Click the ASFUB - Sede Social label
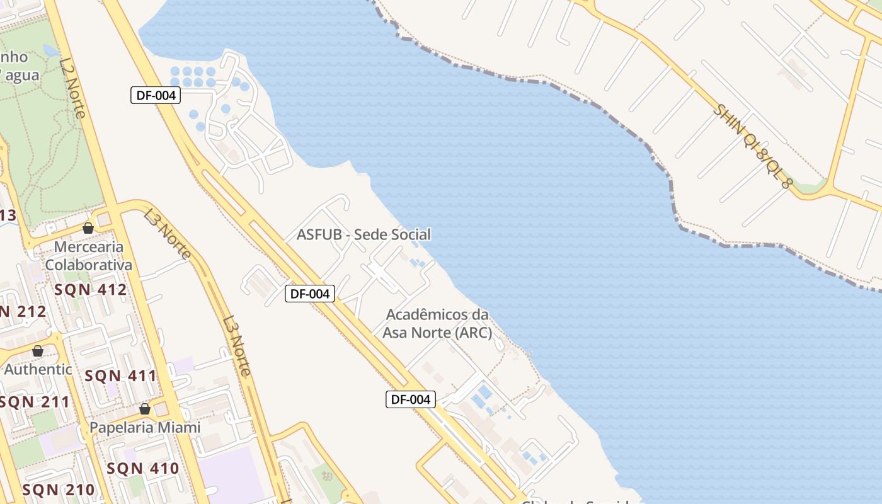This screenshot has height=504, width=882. pyautogui.click(x=364, y=234)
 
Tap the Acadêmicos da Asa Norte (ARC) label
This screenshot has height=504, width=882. pyautogui.click(x=437, y=323)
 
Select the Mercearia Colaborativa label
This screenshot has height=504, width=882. pyautogui.click(x=89, y=255)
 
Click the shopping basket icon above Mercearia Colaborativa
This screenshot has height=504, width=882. pyautogui.click(x=88, y=228)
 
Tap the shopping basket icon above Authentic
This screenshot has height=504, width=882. pyautogui.click(x=38, y=351)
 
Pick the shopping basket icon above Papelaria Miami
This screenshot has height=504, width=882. pyautogui.click(x=145, y=409)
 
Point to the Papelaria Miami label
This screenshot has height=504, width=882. pyautogui.click(x=145, y=427)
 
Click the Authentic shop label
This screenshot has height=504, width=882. pyautogui.click(x=38, y=369)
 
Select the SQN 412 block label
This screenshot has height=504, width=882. pyautogui.click(x=91, y=290)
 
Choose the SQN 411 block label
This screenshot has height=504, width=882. pyautogui.click(x=121, y=376)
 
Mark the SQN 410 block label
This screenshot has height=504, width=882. pyautogui.click(x=143, y=468)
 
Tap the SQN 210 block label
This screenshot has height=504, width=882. pyautogui.click(x=59, y=490)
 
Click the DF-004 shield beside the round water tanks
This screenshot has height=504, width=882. pyautogui.click(x=156, y=96)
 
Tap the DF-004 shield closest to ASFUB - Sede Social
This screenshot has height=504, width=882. pyautogui.click(x=309, y=294)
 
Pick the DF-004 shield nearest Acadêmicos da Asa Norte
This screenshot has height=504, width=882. pyautogui.click(x=411, y=399)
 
